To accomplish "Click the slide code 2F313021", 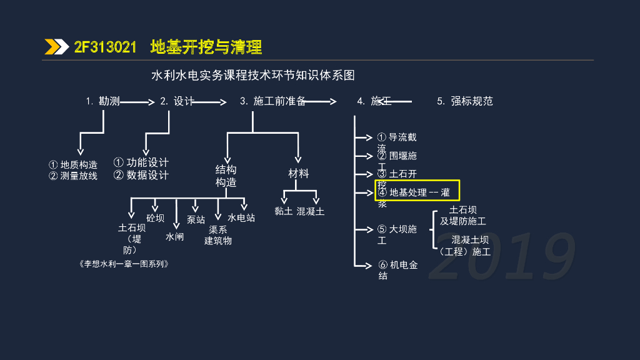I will coord(105,47).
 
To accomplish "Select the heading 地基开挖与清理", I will coord(206,47).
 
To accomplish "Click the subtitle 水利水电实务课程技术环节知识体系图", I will coord(253,76).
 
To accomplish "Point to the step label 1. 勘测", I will coord(103,101).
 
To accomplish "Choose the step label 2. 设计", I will coord(177,101).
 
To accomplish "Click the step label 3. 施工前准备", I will coord(272,101).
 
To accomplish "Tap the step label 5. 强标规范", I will coord(465,101).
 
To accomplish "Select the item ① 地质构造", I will coord(73,165).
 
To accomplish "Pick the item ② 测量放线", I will coord(73,176).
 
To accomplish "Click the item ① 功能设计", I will coord(141,162).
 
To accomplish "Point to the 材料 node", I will coord(299,174).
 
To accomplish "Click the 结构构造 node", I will coord(226,176).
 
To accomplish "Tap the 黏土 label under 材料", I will coord(284,211).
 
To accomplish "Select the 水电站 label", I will coord(241,218).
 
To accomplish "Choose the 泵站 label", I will coord(196,220).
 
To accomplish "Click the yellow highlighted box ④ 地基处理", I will coord(417,191).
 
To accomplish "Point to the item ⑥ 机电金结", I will coord(397,270).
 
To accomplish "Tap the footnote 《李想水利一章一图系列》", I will coord(124,264).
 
